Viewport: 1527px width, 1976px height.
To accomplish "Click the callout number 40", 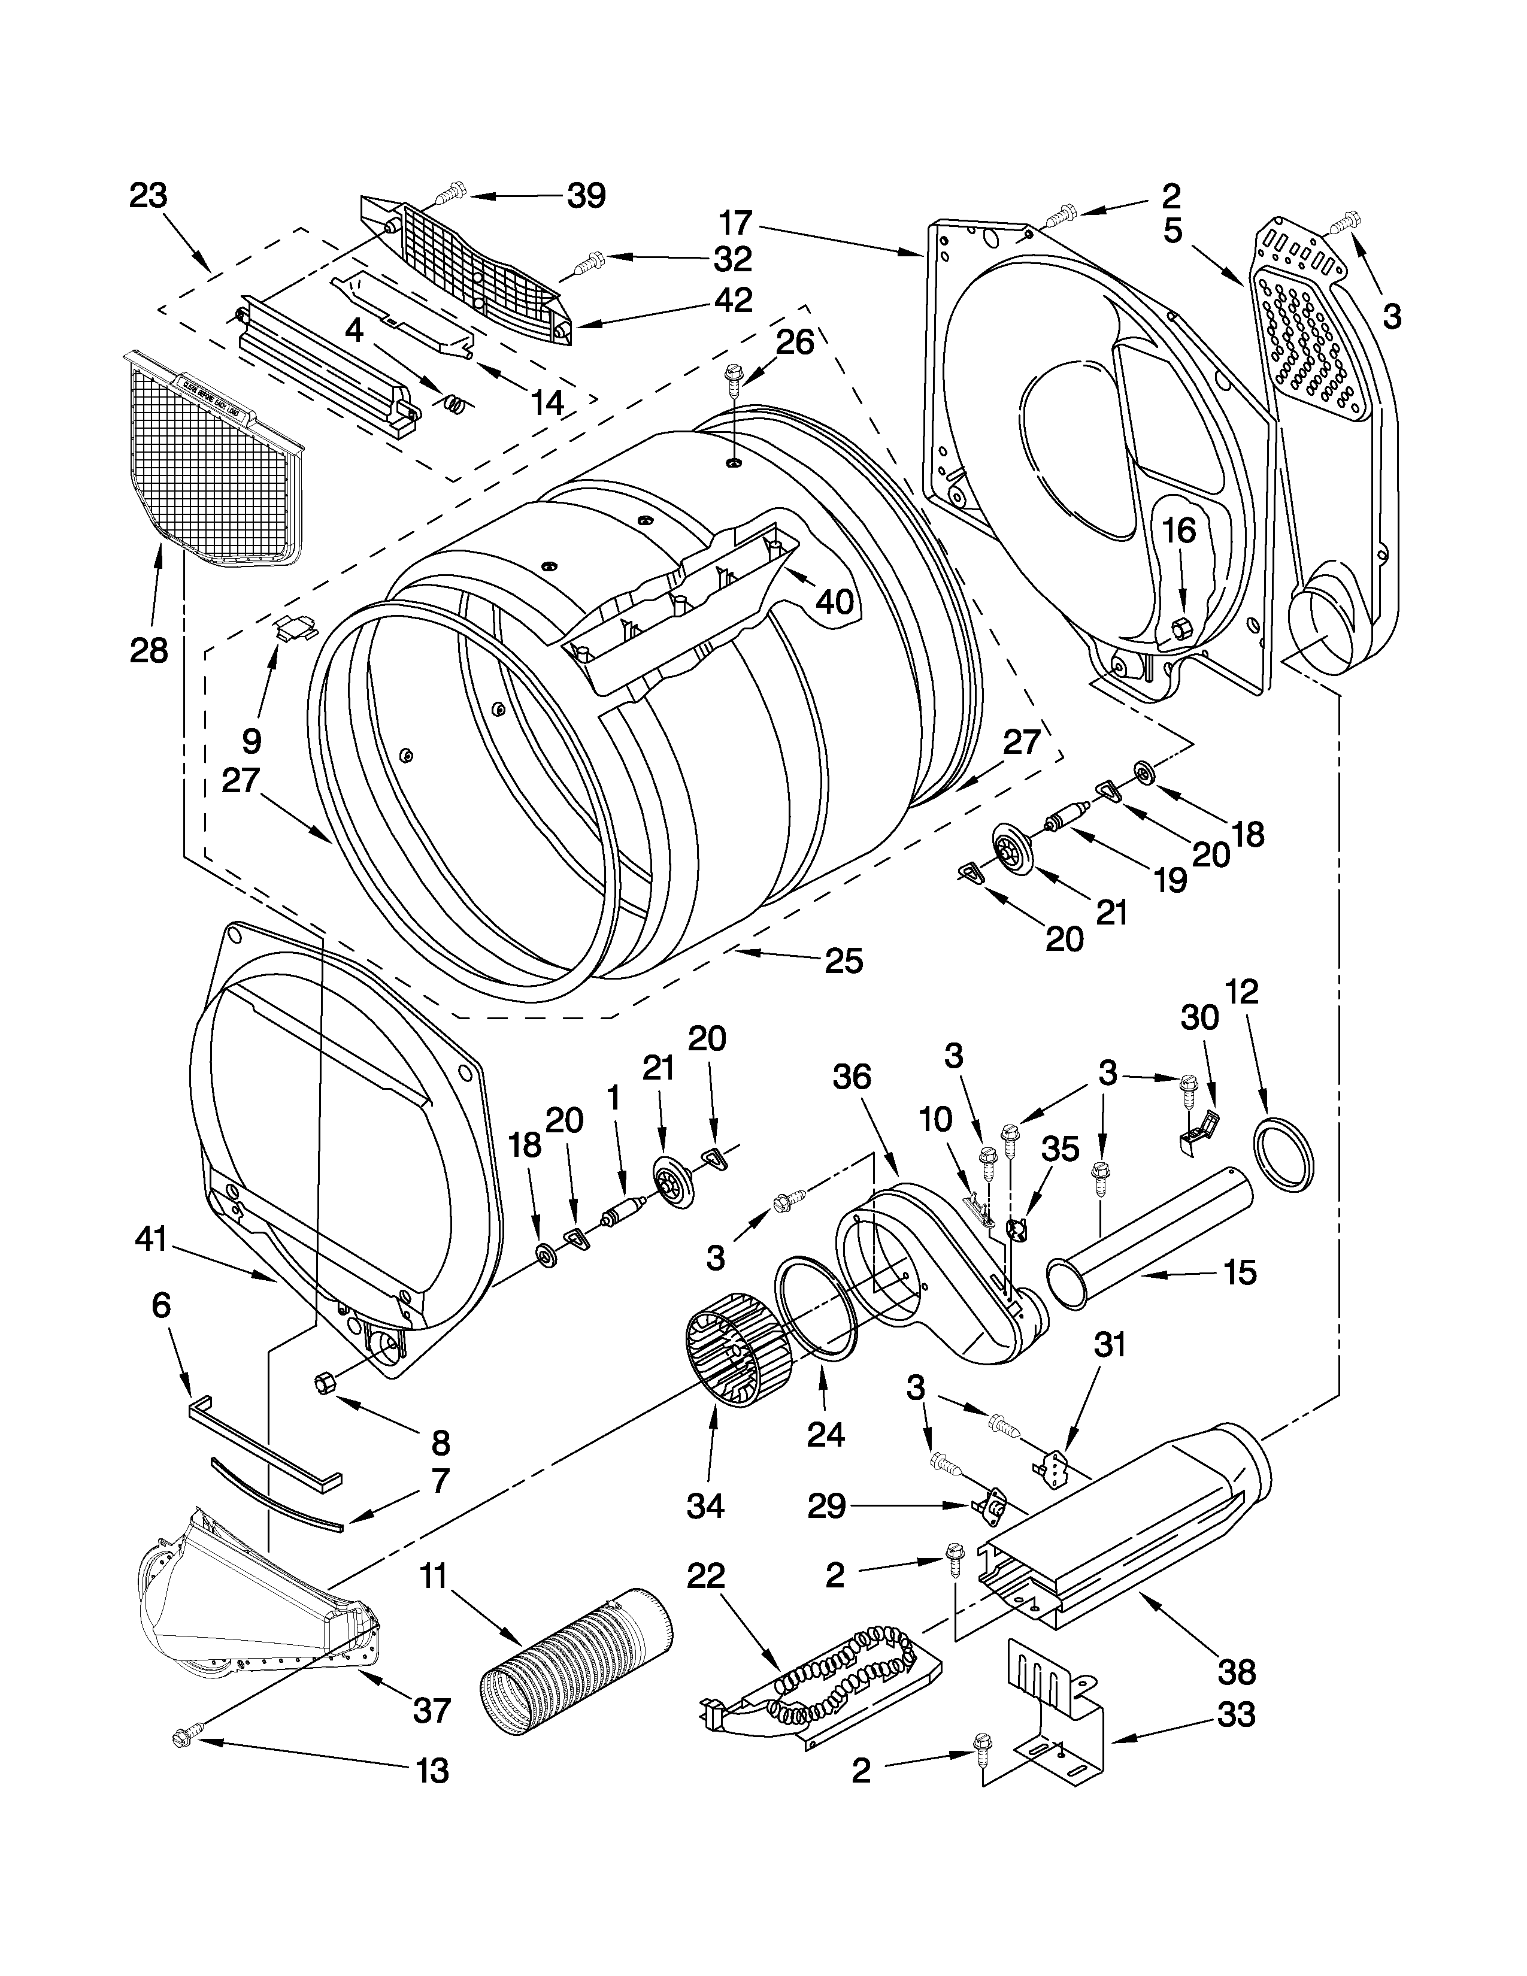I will [x=833, y=600].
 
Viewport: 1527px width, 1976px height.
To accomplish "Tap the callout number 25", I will [x=843, y=960].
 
